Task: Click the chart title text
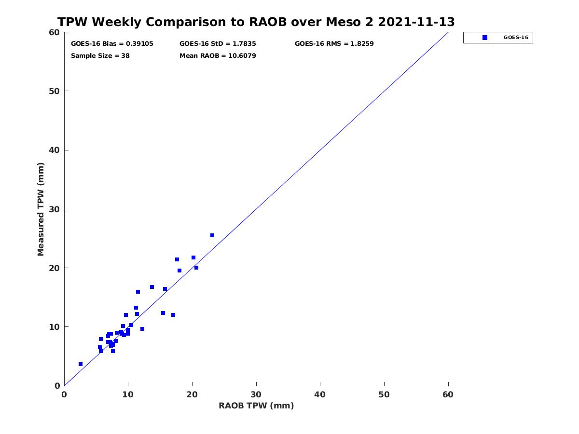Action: click(x=256, y=22)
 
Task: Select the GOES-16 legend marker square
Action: click(x=484, y=38)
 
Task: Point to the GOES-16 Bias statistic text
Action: click(x=112, y=44)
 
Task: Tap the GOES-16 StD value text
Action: click(x=218, y=44)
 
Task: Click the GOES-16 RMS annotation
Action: click(x=334, y=44)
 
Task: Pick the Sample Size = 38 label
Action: click(x=100, y=56)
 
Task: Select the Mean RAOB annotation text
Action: click(x=218, y=56)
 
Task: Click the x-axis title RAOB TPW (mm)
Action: click(x=256, y=406)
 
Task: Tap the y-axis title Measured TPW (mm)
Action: click(x=41, y=209)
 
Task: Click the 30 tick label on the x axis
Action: click(x=256, y=394)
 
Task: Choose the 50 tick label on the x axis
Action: click(x=384, y=394)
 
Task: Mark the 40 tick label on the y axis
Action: click(x=55, y=150)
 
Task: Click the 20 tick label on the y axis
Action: click(x=55, y=268)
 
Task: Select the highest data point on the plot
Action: click(x=212, y=235)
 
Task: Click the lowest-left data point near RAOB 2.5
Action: click(x=81, y=364)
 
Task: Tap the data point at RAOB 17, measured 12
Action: click(x=173, y=315)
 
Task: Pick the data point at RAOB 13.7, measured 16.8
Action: click(x=152, y=287)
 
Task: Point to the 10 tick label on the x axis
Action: click(x=128, y=394)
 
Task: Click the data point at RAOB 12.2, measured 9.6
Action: click(x=142, y=329)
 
